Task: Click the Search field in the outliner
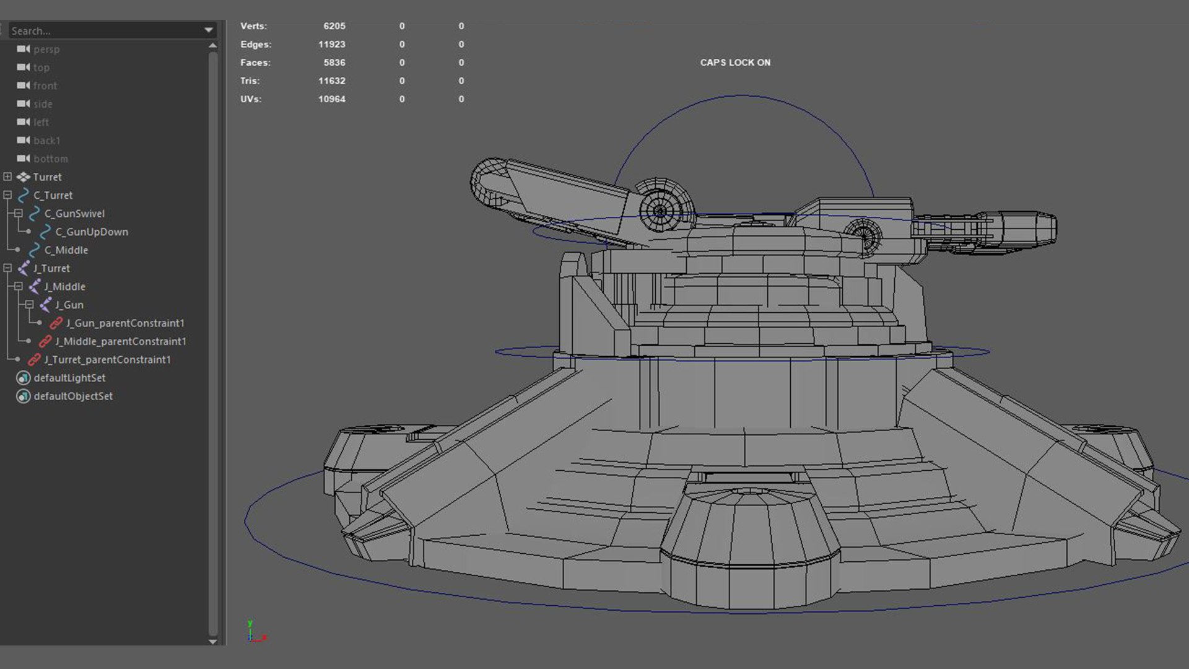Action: [105, 30]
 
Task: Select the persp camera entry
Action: [46, 49]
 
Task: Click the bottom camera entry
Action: [50, 159]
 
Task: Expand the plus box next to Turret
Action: [7, 177]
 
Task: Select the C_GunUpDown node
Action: [91, 232]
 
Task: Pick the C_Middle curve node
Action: [66, 250]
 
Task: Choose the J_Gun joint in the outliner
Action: [69, 305]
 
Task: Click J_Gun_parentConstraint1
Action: [124, 323]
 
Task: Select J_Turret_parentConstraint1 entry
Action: [107, 359]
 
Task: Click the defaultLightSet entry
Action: [69, 378]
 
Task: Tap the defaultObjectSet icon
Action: [23, 396]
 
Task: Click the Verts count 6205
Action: [334, 26]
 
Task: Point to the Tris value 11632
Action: [331, 81]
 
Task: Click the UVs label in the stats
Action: [250, 99]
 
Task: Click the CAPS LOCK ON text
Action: [735, 63]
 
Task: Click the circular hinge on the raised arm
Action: [661, 209]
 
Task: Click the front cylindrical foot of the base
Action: [749, 545]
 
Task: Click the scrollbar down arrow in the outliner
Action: [212, 641]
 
